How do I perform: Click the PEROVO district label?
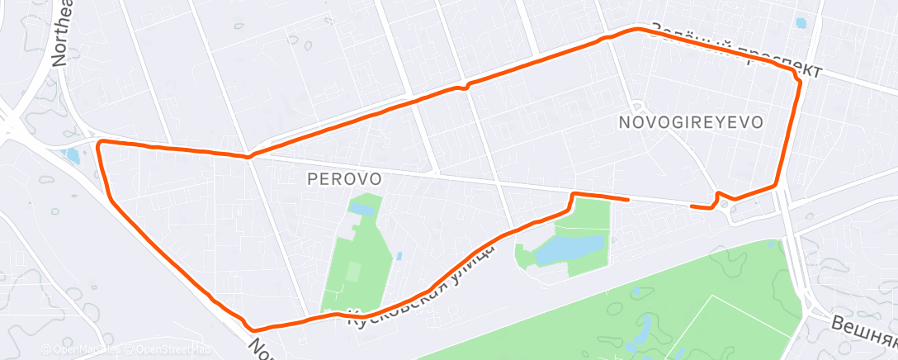(343, 178)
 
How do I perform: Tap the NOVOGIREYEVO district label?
(690, 121)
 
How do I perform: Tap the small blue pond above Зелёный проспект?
(799, 23)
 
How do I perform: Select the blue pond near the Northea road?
(71, 154)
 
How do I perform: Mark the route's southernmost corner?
(248, 329)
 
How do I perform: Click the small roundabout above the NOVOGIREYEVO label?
(638, 105)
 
